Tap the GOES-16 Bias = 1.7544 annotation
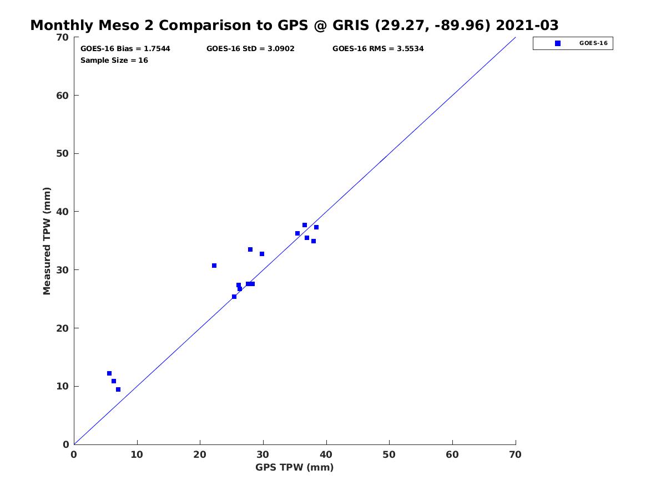pyautogui.click(x=125, y=48)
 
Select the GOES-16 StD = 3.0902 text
pyautogui.click(x=250, y=48)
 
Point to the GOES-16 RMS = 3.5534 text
pyautogui.click(x=378, y=48)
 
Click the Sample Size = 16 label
pyautogui.click(x=114, y=60)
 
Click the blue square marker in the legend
pyautogui.click(x=557, y=43)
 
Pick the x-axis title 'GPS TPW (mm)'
pyautogui.click(x=294, y=467)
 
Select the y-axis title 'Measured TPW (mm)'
pyautogui.click(x=47, y=241)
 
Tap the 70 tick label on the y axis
pyautogui.click(x=62, y=37)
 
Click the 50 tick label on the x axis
pyautogui.click(x=389, y=454)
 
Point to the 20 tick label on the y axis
pyautogui.click(x=62, y=328)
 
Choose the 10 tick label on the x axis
pyautogui.click(x=137, y=454)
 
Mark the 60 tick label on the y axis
pyautogui.click(x=62, y=96)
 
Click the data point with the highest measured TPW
pyautogui.click(x=304, y=225)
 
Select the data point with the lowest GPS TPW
pyautogui.click(x=109, y=373)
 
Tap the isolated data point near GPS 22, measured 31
pyautogui.click(x=214, y=266)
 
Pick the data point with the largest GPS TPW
pyautogui.click(x=316, y=227)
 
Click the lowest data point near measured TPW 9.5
pyautogui.click(x=118, y=389)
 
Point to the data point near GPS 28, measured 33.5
pyautogui.click(x=250, y=249)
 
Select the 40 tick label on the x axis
pyautogui.click(x=326, y=454)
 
